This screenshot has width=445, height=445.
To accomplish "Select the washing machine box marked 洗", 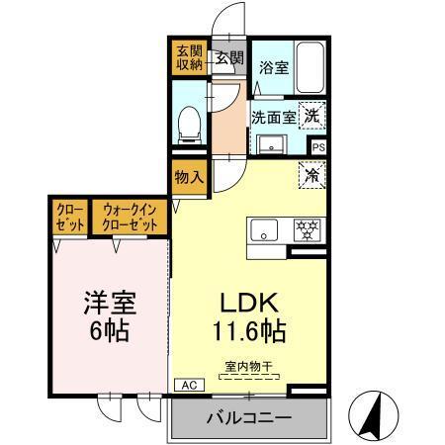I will click(x=311, y=115).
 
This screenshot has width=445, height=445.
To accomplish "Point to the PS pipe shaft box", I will click(x=317, y=146).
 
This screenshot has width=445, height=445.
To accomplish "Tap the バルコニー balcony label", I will click(x=248, y=417).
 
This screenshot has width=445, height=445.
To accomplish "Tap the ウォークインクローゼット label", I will click(x=131, y=218).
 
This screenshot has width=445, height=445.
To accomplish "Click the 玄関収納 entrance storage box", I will click(x=188, y=57).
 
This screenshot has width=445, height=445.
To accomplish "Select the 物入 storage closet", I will click(x=188, y=178).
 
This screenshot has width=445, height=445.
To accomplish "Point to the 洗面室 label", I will click(x=271, y=116).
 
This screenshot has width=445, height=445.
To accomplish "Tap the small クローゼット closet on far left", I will click(x=68, y=218).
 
